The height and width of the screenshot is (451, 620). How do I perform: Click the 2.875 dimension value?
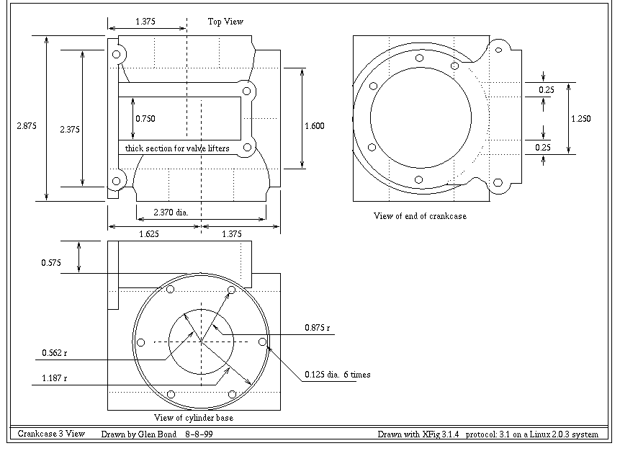pyautogui.click(x=27, y=126)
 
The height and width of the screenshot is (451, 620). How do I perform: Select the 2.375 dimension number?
pyautogui.click(x=70, y=130)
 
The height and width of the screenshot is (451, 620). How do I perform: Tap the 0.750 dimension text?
pyautogui.click(x=145, y=119)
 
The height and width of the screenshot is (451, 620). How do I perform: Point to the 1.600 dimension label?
pyautogui.click(x=315, y=126)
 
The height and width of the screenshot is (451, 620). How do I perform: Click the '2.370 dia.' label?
pyautogui.click(x=171, y=213)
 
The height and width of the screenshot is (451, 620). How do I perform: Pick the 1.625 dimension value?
pyautogui.click(x=149, y=234)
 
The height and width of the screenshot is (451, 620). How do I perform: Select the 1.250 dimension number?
pyautogui.click(x=581, y=119)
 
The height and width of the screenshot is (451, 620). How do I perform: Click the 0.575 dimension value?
pyautogui.click(x=51, y=263)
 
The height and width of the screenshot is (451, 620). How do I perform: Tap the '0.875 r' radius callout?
pyautogui.click(x=317, y=328)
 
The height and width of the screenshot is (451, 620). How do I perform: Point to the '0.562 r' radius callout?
pyautogui.click(x=55, y=353)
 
